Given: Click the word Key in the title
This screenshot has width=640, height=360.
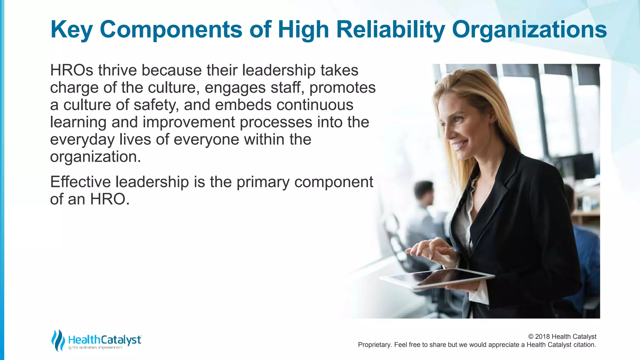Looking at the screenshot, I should [x=71, y=30].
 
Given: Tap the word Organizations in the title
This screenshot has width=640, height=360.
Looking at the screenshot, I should [x=529, y=30].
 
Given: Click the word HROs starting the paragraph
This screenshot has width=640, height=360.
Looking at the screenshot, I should [x=72, y=70].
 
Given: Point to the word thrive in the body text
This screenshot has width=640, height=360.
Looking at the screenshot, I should [x=117, y=70].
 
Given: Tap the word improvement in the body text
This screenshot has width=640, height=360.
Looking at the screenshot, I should [x=189, y=122].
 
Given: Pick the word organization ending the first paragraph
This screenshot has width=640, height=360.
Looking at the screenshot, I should [x=95, y=157].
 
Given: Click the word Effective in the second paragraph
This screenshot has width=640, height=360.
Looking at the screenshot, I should [x=80, y=182].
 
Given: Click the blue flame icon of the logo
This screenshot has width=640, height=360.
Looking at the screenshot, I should [x=58, y=340].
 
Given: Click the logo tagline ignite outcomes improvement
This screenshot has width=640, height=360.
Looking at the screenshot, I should [x=95, y=348].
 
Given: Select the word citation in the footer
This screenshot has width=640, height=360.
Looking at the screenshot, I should [x=584, y=345].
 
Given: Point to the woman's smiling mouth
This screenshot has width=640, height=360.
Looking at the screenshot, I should [x=460, y=145].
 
